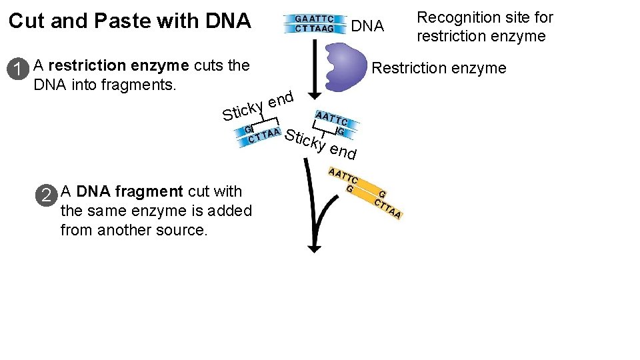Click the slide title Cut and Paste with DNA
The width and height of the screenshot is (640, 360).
(x=129, y=21)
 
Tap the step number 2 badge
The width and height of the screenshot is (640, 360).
(x=46, y=195)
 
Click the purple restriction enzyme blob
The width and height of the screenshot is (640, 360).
(x=351, y=65)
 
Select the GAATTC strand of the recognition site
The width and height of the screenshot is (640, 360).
(x=315, y=19)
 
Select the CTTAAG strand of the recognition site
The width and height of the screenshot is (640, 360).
(x=315, y=29)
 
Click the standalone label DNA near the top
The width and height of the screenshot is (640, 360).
(x=367, y=27)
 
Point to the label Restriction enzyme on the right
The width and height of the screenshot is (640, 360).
(x=439, y=68)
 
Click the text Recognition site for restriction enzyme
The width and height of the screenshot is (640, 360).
(x=485, y=27)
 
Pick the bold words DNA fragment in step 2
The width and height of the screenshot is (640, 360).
(x=129, y=192)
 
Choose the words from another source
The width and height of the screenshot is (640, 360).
(x=134, y=231)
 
